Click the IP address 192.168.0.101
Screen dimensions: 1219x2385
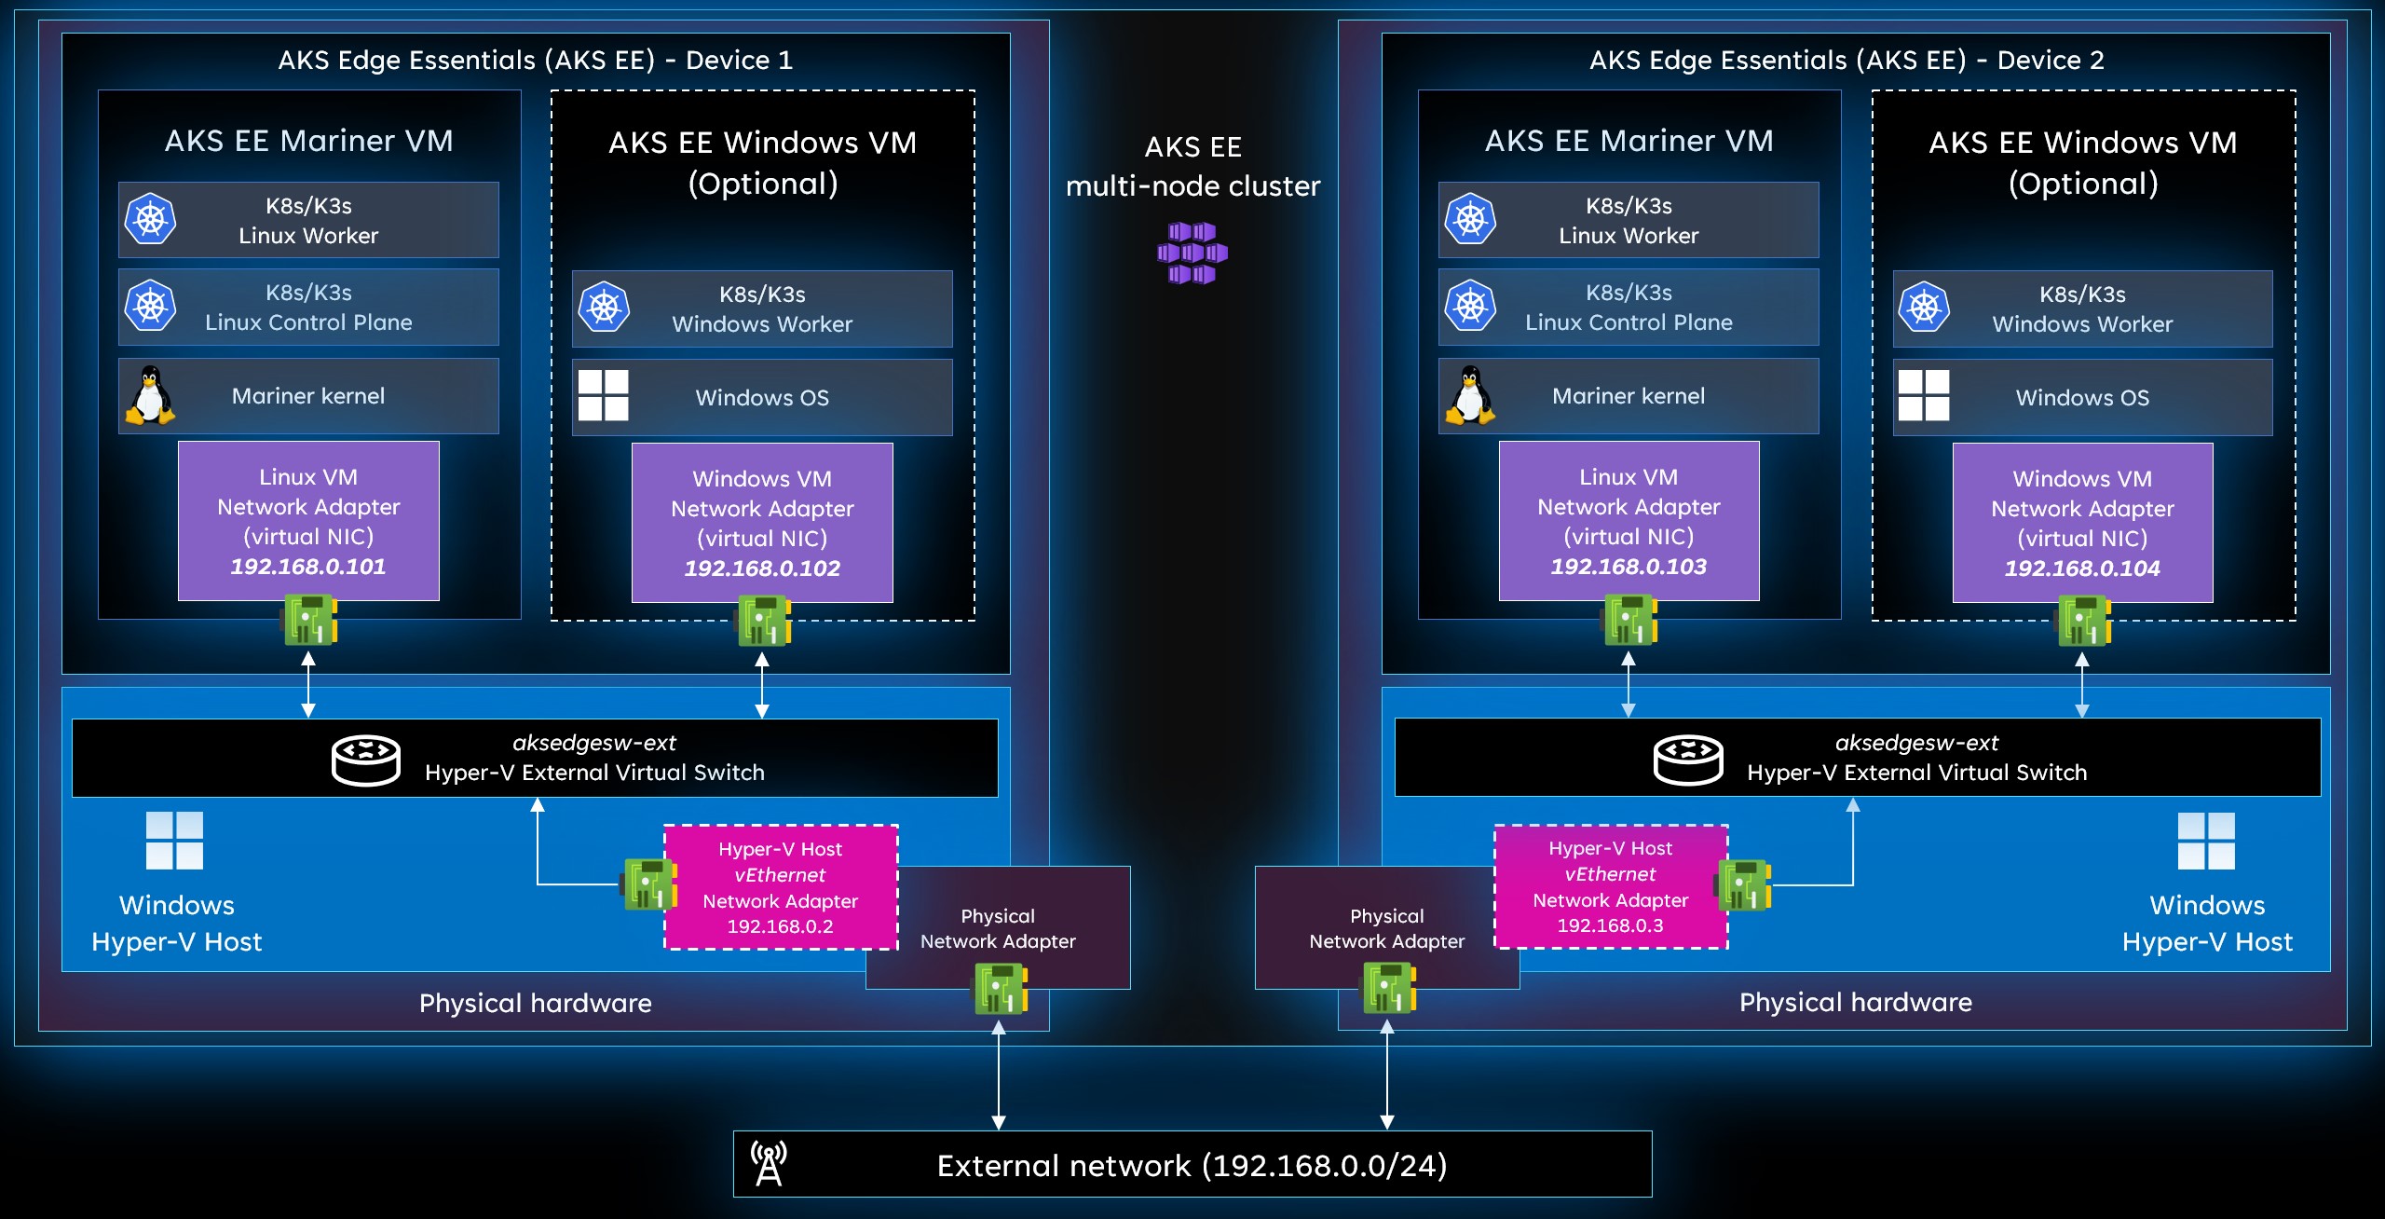point(308,567)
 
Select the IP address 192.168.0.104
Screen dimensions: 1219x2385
point(2082,568)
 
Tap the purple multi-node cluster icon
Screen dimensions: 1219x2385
point(1192,253)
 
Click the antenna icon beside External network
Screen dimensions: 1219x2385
point(770,1163)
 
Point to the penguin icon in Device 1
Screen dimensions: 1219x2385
point(150,396)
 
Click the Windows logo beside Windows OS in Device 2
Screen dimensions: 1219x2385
point(1924,396)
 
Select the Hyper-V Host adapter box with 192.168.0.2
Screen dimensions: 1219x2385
point(781,887)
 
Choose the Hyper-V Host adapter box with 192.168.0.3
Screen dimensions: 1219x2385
point(1611,886)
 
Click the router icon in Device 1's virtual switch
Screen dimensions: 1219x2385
point(366,760)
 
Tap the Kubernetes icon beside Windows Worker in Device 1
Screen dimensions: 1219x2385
point(604,308)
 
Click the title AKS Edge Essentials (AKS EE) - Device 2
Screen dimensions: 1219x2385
point(1847,61)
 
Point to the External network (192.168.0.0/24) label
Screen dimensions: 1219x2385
point(1192,1166)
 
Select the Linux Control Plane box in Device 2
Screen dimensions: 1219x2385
point(1628,308)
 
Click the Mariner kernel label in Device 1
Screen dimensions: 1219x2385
point(308,396)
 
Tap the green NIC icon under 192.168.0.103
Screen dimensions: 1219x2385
point(1629,620)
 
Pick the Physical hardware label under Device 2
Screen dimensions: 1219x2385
point(1855,1002)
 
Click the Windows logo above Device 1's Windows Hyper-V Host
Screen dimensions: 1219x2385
point(175,840)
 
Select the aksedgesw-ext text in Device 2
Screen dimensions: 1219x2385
point(1916,743)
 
